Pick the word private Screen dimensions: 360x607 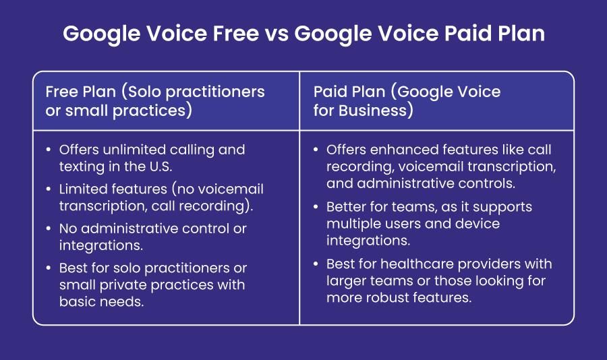point(121,284)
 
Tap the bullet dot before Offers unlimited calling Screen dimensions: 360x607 point(48,150)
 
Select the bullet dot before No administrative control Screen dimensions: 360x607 point(48,229)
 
